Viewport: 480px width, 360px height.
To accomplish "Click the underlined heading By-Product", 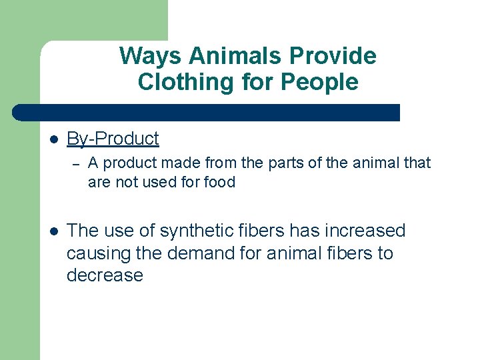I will [x=113, y=139].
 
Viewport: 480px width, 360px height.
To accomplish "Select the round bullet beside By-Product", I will [x=55, y=139].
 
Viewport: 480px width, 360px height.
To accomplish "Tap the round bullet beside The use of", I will [x=55, y=231].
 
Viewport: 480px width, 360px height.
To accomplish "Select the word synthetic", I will [x=198, y=231].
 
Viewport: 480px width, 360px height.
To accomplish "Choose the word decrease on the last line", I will [x=105, y=275].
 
